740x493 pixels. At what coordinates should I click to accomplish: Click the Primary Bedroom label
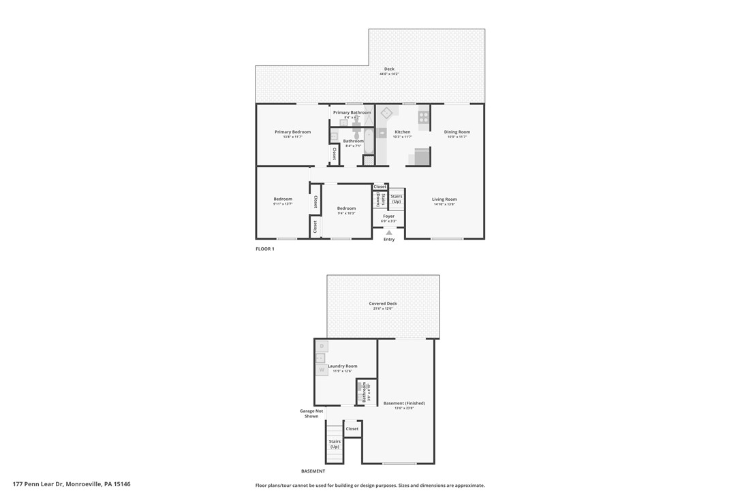click(292, 132)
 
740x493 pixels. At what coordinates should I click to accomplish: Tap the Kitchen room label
click(403, 132)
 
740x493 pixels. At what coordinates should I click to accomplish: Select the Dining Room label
click(457, 132)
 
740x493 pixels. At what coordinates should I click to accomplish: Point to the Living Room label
click(444, 200)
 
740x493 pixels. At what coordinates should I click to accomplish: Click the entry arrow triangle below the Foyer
click(389, 233)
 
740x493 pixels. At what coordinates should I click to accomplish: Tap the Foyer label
click(388, 217)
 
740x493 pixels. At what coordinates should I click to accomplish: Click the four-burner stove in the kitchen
click(423, 117)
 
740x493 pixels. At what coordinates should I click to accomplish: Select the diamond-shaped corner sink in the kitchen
click(386, 113)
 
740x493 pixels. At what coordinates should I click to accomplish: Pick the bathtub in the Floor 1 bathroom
click(369, 141)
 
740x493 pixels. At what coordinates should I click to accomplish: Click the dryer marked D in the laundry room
click(322, 346)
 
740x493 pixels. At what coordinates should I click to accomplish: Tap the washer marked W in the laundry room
click(322, 370)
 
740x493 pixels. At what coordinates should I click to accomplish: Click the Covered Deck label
click(383, 304)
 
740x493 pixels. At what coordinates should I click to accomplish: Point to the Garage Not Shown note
click(311, 413)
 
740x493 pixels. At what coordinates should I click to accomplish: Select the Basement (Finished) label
click(399, 403)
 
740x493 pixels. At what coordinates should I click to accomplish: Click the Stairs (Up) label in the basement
click(335, 444)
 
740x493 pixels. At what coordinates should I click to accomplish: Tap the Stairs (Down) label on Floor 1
click(377, 200)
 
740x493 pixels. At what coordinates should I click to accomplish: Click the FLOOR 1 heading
click(264, 249)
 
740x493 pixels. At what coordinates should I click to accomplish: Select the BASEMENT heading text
click(313, 471)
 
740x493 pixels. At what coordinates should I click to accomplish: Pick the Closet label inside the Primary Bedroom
click(335, 154)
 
